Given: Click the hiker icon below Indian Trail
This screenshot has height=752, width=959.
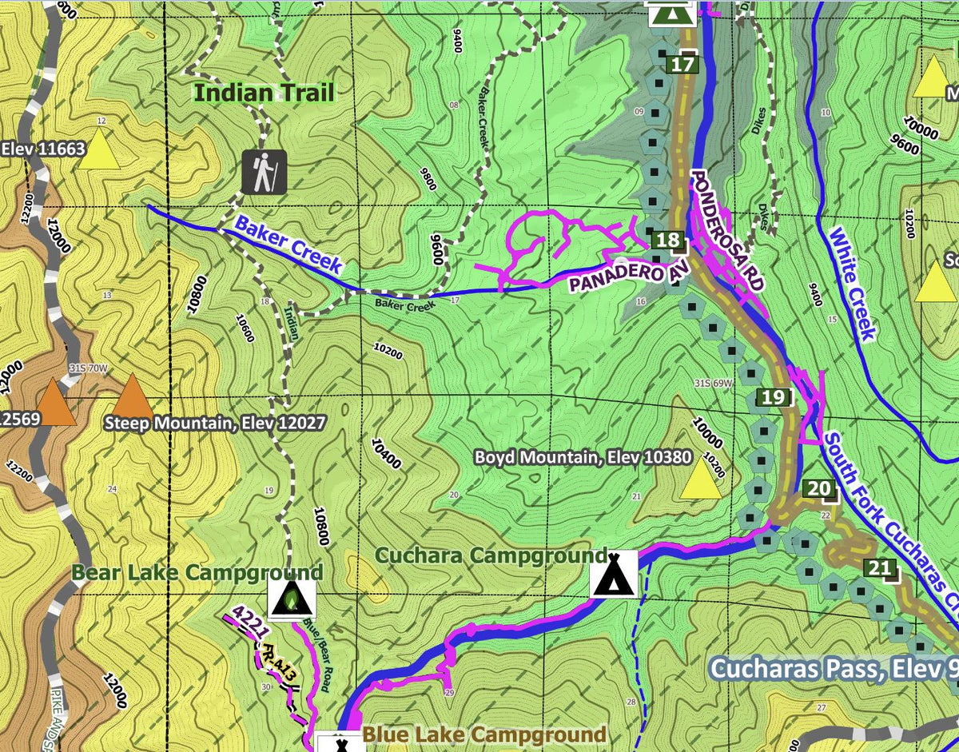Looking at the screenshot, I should click(264, 172).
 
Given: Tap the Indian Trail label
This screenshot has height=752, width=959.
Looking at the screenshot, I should click(265, 93).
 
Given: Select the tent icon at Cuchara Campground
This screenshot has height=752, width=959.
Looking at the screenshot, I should click(614, 574).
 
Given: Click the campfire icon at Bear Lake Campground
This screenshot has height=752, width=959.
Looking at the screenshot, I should click(292, 599).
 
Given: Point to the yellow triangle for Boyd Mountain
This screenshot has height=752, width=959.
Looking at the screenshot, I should click(701, 477).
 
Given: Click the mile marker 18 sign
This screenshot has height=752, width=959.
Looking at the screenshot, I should click(669, 241).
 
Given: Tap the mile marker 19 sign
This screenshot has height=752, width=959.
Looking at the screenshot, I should click(773, 397).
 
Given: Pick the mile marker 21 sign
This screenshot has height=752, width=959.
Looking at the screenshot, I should click(879, 569).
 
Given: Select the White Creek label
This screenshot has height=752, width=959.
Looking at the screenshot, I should click(853, 284).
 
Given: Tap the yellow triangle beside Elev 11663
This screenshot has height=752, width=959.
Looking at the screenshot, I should click(98, 149).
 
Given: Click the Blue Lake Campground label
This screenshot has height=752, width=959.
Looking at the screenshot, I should click(484, 734).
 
